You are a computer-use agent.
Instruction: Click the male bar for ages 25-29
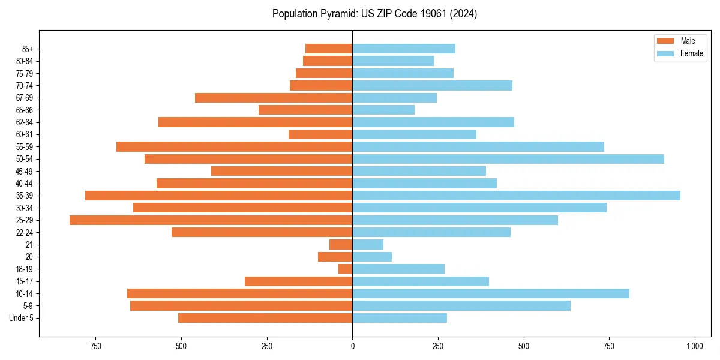coord(211,220)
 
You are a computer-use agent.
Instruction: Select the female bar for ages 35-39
coord(516,196)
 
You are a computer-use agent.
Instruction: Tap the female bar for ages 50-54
coord(508,159)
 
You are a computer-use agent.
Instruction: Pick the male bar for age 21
coord(341,245)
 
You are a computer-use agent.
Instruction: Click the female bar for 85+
coord(404,49)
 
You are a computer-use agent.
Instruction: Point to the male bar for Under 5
coord(265,318)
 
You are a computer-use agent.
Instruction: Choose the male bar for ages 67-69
coord(274,98)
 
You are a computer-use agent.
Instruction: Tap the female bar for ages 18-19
coord(398,269)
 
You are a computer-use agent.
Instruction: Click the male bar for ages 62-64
coord(255,122)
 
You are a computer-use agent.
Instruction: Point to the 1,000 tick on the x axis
coord(695,346)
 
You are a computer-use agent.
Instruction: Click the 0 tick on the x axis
coord(352,346)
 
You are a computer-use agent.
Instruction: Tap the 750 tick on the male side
coord(95,346)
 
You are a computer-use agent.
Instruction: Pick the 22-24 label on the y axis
coord(25,233)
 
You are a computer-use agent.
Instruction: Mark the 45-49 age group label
coord(25,172)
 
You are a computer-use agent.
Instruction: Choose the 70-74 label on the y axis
coord(25,86)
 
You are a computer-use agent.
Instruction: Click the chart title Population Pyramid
coord(374,14)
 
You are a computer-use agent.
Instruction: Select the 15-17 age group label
coord(25,281)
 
